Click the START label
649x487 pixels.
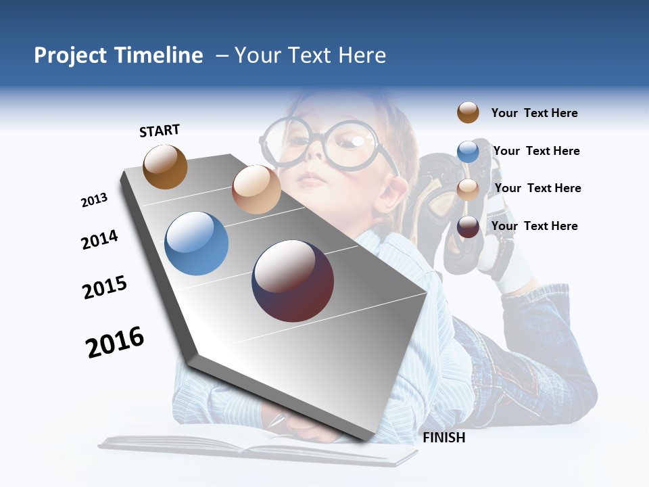pos(160,131)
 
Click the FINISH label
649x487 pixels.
pos(443,438)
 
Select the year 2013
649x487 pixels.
pos(94,200)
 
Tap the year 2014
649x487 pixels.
pos(99,240)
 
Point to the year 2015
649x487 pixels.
pos(105,287)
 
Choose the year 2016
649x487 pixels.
pos(115,342)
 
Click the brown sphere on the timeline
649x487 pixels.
pos(165,167)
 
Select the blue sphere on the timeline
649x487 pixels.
pos(197,243)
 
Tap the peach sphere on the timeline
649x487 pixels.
pos(256,189)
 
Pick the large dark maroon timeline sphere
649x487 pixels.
pos(293,281)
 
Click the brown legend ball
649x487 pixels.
pos(468,112)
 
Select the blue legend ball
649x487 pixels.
pos(468,152)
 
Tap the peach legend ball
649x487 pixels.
pos(468,189)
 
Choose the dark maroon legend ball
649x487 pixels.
pos(468,227)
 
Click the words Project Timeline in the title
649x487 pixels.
pos(118,55)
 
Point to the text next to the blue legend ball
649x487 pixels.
pos(536,151)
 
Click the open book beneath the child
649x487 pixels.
pos(257,446)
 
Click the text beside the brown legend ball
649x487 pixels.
pos(534,113)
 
